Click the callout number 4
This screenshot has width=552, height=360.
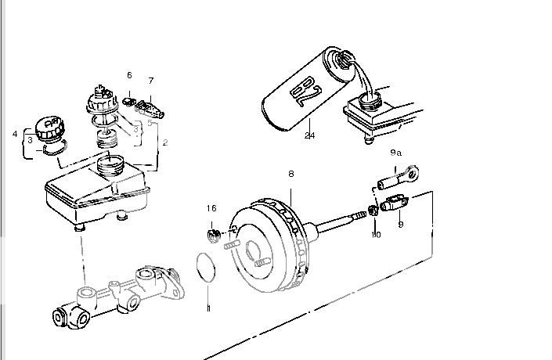(x=15, y=134)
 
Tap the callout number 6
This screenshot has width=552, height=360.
(x=130, y=75)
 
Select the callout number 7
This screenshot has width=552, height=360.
(x=151, y=80)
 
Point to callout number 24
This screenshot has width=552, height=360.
(x=310, y=135)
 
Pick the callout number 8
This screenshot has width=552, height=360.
(x=290, y=174)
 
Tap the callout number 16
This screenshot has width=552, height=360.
(x=211, y=208)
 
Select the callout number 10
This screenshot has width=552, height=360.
(x=376, y=234)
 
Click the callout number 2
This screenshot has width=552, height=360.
(x=165, y=143)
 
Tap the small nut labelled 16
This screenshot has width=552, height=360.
(x=212, y=232)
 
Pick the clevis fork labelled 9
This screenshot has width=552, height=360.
(x=394, y=205)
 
